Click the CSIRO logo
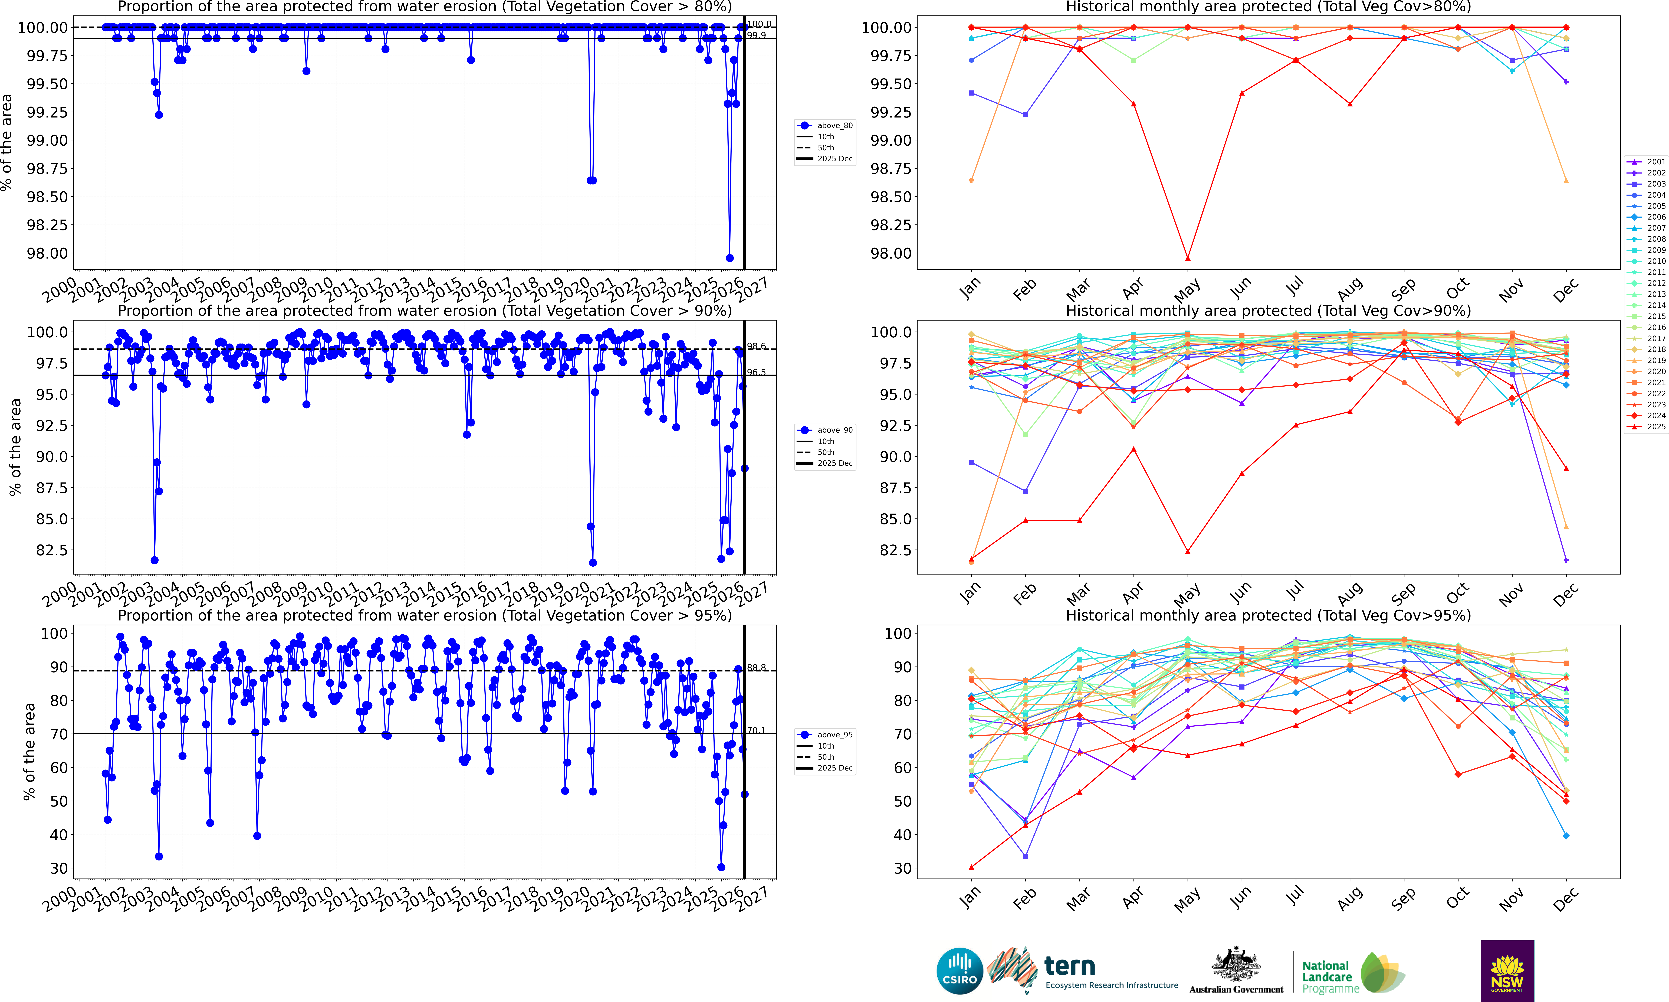[x=959, y=971]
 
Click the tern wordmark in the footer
[x=1070, y=966]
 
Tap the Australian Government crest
[x=1236, y=965]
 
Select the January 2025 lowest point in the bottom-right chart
[x=971, y=867]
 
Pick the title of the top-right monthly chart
[x=1268, y=7]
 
